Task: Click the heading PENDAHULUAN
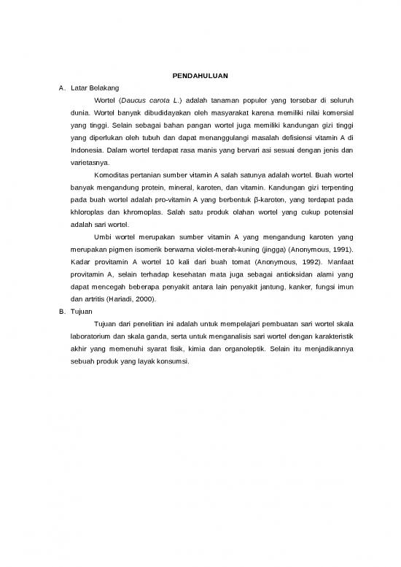[200, 74]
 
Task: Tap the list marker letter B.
[61, 311]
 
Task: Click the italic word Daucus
[134, 100]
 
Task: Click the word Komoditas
[114, 175]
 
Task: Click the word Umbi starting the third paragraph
[104, 237]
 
